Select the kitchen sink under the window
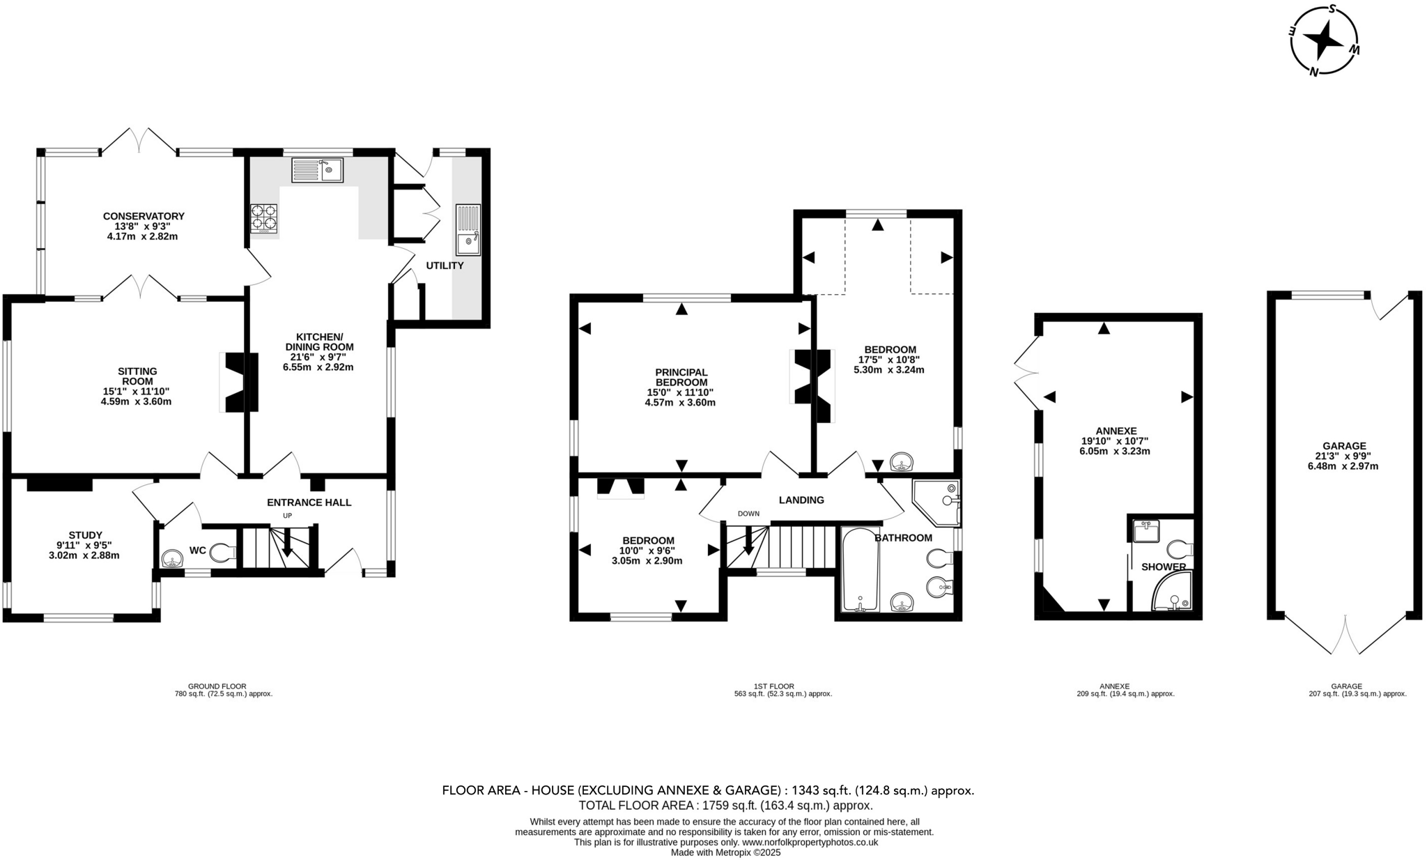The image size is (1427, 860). click(318, 170)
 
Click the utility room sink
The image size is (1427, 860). click(468, 230)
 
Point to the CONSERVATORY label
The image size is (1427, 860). click(144, 216)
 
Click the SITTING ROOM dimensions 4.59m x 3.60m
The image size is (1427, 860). click(136, 401)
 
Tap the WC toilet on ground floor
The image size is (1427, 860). click(222, 553)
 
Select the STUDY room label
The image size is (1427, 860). click(85, 535)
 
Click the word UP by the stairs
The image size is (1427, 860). click(287, 516)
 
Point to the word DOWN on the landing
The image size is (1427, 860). click(748, 514)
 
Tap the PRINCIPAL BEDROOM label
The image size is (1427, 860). click(681, 377)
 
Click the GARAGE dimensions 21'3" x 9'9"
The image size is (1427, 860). click(1343, 456)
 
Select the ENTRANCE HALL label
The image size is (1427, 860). click(309, 502)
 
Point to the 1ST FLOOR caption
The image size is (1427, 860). click(773, 686)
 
